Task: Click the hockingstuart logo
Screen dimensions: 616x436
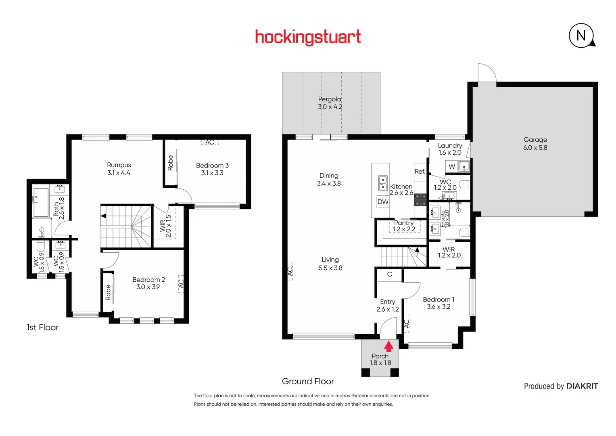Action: pyautogui.click(x=308, y=37)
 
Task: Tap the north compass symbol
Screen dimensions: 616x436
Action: pyautogui.click(x=582, y=36)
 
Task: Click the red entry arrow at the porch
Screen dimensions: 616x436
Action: pyautogui.click(x=388, y=346)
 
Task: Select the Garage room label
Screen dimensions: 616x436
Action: pyautogui.click(x=535, y=140)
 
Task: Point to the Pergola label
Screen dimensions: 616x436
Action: pyautogui.click(x=330, y=99)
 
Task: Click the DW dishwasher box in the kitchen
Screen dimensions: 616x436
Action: pyautogui.click(x=383, y=202)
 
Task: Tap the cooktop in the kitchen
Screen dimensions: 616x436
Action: pyautogui.click(x=420, y=200)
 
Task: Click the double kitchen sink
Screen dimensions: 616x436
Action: pyautogui.click(x=383, y=183)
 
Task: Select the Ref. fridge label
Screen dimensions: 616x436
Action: pyautogui.click(x=420, y=172)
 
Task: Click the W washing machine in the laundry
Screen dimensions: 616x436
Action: pyautogui.click(x=451, y=166)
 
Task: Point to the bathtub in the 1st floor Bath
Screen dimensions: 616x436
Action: pyautogui.click(x=41, y=203)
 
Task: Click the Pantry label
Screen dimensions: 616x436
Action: pyautogui.click(x=404, y=223)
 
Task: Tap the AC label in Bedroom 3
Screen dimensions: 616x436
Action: pyautogui.click(x=209, y=142)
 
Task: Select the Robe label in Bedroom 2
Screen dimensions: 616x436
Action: pyautogui.click(x=108, y=292)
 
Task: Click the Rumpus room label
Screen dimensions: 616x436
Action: pyautogui.click(x=119, y=165)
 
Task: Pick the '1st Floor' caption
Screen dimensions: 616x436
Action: pyautogui.click(x=42, y=327)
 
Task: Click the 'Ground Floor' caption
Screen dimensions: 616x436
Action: pyautogui.click(x=308, y=381)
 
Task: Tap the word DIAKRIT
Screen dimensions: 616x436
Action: pyautogui.click(x=582, y=386)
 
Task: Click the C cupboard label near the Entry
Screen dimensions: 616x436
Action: pyautogui.click(x=389, y=274)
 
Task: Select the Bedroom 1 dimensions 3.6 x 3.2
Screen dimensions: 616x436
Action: pyautogui.click(x=439, y=307)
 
